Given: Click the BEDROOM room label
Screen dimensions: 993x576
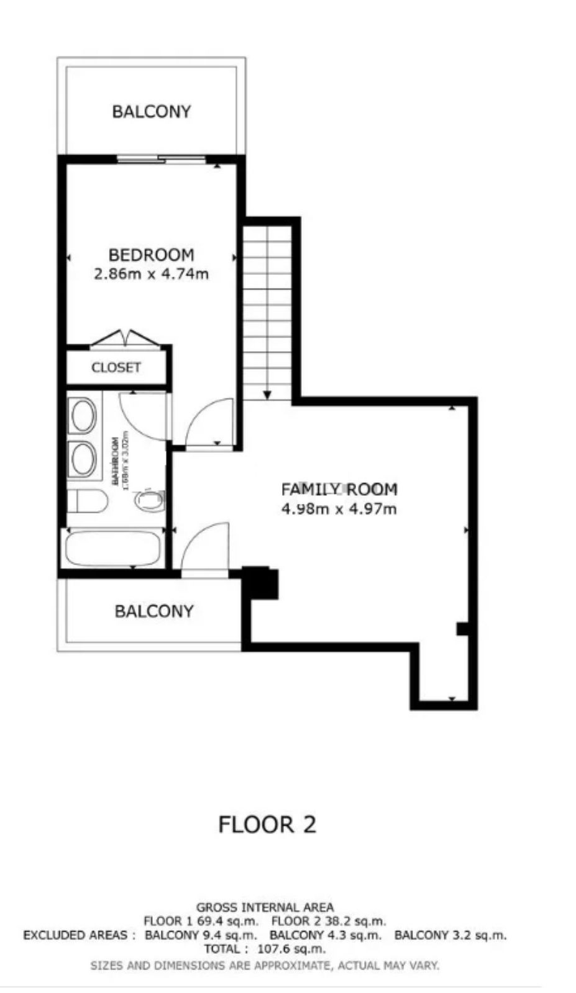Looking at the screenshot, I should click(151, 254).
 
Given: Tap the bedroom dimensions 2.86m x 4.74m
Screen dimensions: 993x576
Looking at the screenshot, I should click(151, 274).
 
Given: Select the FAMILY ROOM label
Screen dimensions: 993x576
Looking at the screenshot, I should click(339, 490).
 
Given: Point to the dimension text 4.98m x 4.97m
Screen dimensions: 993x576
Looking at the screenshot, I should click(339, 510).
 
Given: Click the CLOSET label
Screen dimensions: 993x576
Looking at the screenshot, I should click(116, 367).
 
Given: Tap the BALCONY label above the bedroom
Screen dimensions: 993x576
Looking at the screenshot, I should click(151, 112).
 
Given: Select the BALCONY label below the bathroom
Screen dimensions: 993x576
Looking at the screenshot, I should click(153, 611).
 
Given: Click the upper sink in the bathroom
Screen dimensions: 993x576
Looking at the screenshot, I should click(83, 415).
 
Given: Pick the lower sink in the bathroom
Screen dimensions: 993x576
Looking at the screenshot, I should click(83, 459).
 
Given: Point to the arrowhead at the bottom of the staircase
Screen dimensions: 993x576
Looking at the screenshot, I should click(267, 394).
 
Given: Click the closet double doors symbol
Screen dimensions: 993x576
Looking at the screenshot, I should click(127, 339).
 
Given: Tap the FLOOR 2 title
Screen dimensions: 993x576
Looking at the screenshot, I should click(267, 825).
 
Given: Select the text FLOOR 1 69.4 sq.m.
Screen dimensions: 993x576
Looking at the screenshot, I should click(201, 921).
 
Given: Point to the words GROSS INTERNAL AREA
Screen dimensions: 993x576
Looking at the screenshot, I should click(265, 907).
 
